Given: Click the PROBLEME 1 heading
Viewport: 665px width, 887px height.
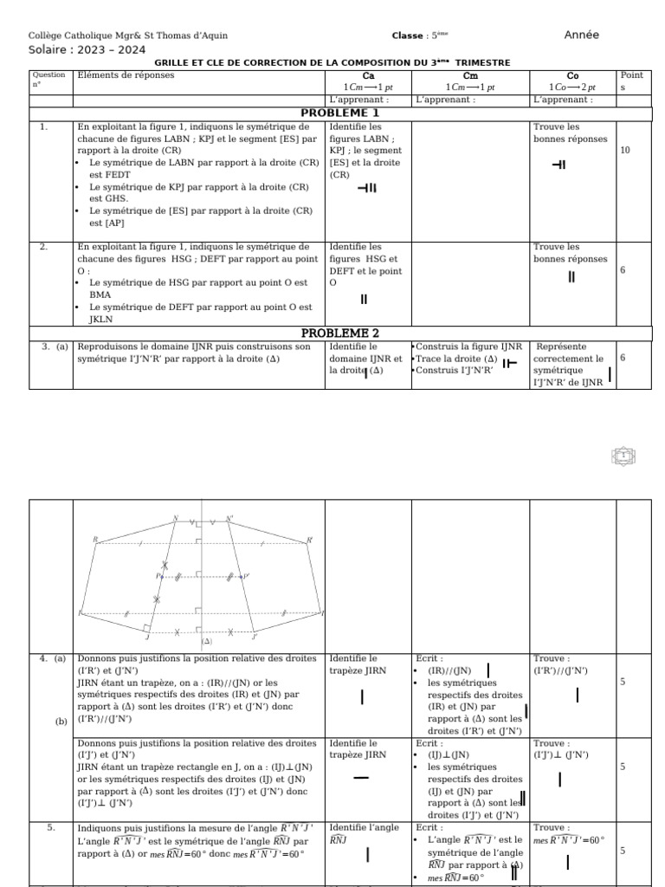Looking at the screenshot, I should click(x=339, y=113).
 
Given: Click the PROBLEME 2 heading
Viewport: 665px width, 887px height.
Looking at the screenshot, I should click(x=339, y=333).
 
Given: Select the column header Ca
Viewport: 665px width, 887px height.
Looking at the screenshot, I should click(x=368, y=75).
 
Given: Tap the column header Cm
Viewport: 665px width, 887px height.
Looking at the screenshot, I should click(x=470, y=75).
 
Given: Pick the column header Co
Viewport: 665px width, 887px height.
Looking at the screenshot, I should click(x=572, y=75).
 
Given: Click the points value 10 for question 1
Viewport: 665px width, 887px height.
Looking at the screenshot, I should click(x=625, y=150).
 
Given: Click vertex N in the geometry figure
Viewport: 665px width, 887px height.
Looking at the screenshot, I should click(x=176, y=520).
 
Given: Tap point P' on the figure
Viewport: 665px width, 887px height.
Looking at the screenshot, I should click(x=246, y=576).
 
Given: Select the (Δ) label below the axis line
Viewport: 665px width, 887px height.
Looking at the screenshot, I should click(x=206, y=642).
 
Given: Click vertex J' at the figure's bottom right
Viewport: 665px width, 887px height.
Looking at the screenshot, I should click(x=254, y=637).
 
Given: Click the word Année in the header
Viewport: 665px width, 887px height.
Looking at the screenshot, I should click(x=581, y=36).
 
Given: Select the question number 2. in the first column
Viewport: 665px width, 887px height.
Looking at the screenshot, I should click(x=43, y=247).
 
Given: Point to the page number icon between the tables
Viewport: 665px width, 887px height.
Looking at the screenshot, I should click(x=623, y=455).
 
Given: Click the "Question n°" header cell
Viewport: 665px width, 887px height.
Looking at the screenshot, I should click(x=48, y=80).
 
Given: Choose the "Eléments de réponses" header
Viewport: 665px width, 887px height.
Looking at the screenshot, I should click(x=126, y=75).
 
